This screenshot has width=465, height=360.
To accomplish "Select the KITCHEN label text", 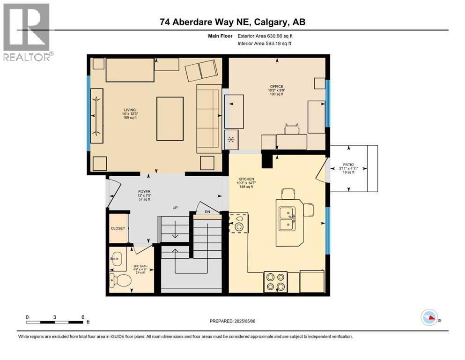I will tap(246, 179).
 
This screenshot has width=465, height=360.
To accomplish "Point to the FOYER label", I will tap(144, 191).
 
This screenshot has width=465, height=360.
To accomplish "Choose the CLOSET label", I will tap(118, 228).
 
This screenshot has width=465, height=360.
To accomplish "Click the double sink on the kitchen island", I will tap(286, 218).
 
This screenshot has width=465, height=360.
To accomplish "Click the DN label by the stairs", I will tap(207, 211).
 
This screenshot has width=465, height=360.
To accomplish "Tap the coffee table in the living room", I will tap(170, 119).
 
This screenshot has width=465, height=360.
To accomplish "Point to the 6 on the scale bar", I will tap(83, 317).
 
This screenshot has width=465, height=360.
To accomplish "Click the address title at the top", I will tap(232, 22).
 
